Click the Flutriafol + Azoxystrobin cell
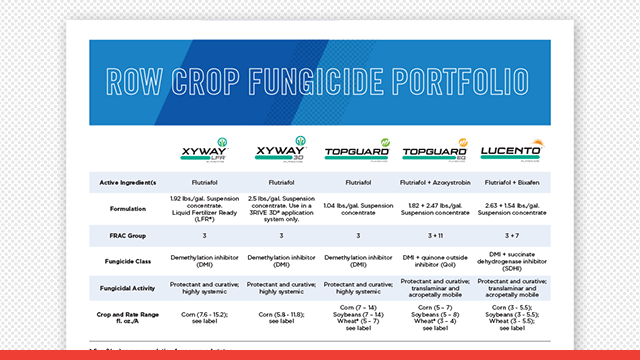[x=434, y=183]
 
